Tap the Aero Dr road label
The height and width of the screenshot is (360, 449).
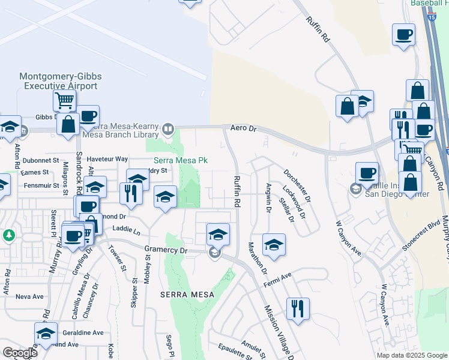(x=243, y=128)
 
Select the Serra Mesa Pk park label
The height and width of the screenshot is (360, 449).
(x=181, y=160)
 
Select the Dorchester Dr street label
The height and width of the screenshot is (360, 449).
(x=297, y=185)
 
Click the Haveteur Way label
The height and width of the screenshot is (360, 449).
(x=107, y=159)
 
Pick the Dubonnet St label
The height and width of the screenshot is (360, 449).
(x=40, y=161)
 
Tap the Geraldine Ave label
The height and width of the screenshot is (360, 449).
(x=83, y=332)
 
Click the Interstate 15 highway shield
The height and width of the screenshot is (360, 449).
(x=432, y=17)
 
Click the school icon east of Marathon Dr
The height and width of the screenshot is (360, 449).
(x=274, y=244)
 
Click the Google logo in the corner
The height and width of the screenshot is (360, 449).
(x=20, y=353)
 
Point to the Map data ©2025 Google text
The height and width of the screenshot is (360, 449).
(x=412, y=355)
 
